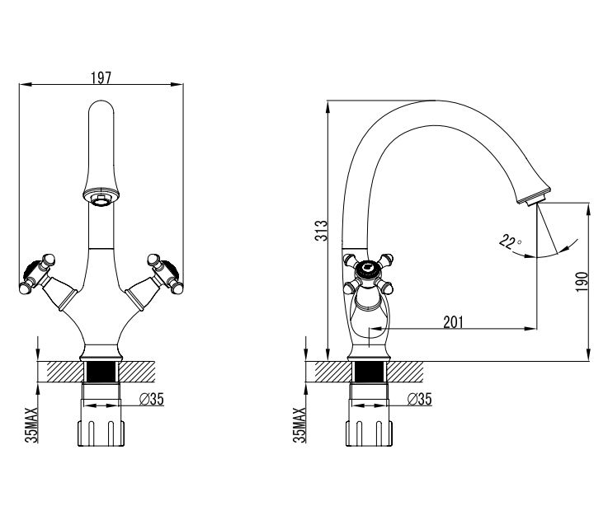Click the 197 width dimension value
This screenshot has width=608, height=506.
click(101, 77)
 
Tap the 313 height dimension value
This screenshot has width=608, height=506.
click(321, 231)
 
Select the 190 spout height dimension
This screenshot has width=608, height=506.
click(582, 282)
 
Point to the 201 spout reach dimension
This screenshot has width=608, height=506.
click(453, 322)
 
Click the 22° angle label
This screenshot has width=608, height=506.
click(510, 241)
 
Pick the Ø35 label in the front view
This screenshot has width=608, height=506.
click(152, 399)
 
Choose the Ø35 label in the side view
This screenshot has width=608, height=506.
click(420, 399)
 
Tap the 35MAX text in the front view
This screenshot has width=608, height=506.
click(31, 425)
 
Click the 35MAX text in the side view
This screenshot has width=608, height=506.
click(299, 425)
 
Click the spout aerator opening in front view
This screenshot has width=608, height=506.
click(101, 200)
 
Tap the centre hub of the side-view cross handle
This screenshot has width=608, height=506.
click(368, 268)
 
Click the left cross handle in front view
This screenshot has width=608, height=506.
click(38, 274)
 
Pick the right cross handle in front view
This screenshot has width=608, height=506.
click(165, 274)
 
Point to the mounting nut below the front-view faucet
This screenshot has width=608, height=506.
click(101, 433)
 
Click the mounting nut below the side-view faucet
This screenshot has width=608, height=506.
click(369, 433)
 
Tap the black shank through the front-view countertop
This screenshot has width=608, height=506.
click(101, 372)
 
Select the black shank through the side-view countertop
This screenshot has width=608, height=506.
click(369, 372)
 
